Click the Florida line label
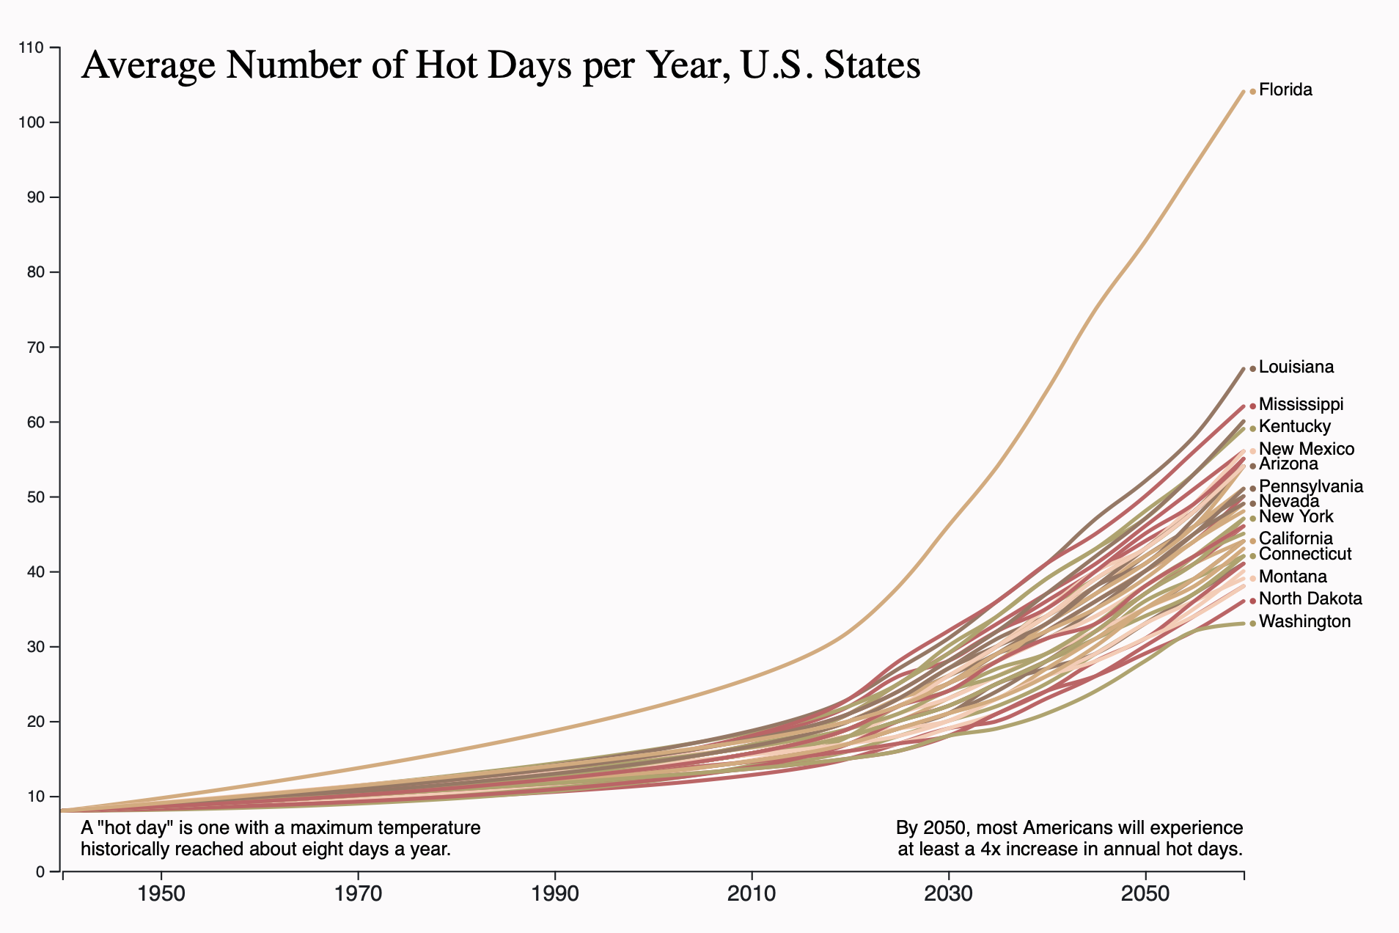click(1285, 90)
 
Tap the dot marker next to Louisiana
click(1252, 368)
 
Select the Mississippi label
click(1301, 404)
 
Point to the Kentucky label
click(1294, 427)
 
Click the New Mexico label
click(1306, 449)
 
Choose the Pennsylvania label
click(1310, 486)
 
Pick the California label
click(1296, 538)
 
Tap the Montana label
click(1293, 577)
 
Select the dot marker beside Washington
click(1252, 623)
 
